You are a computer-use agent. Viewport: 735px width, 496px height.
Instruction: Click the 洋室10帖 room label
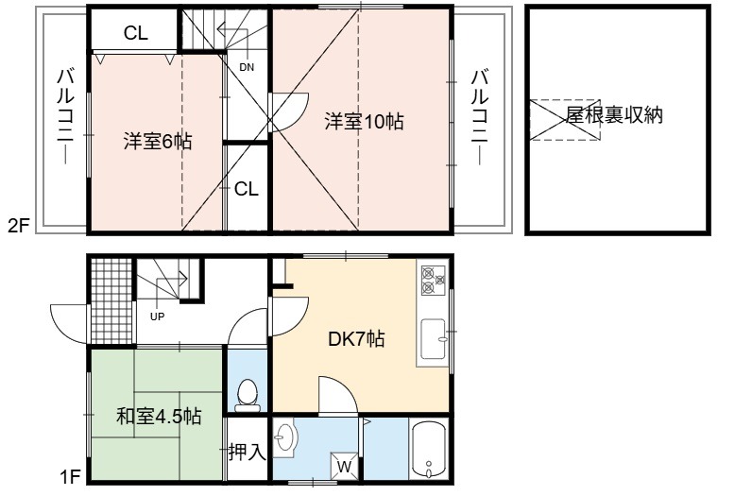click(x=365, y=122)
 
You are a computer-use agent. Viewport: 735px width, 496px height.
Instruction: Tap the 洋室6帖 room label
click(x=158, y=141)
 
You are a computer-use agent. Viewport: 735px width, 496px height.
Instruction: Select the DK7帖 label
click(x=356, y=338)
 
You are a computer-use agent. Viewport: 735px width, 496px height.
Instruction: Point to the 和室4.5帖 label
click(x=159, y=416)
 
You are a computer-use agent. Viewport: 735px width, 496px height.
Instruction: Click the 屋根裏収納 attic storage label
click(x=614, y=115)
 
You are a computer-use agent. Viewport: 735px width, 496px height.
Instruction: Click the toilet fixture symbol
click(x=248, y=394)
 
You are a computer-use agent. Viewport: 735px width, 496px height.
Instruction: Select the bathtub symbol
click(x=429, y=449)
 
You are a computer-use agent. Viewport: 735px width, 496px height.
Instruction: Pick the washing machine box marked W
click(x=345, y=467)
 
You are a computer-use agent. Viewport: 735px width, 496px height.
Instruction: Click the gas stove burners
click(x=433, y=281)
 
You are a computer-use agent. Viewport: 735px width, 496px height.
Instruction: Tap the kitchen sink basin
click(x=434, y=339)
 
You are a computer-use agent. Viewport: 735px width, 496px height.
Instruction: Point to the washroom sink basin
click(x=283, y=437)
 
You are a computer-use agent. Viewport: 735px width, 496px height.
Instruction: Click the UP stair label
click(x=158, y=316)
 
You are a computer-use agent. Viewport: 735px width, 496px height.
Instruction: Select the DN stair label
click(x=247, y=67)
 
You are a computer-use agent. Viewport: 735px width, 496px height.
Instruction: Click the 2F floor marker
click(x=19, y=227)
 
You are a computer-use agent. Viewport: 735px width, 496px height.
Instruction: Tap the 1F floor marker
click(x=70, y=477)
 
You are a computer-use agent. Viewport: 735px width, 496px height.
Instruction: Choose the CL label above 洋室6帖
click(x=136, y=33)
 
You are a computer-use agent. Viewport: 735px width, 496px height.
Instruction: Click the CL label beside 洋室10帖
click(x=247, y=189)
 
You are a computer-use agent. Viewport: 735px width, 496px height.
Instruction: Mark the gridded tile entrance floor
click(x=111, y=301)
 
